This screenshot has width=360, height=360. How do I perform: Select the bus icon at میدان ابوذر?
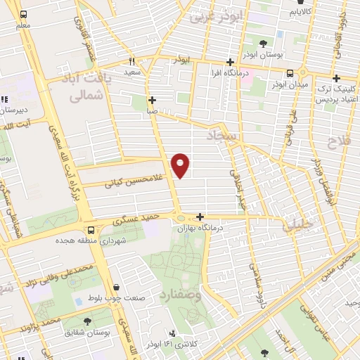(x=290, y=73)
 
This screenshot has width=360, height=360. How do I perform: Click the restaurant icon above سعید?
(x=131, y=61)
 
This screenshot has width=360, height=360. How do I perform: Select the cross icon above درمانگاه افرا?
(x=230, y=62)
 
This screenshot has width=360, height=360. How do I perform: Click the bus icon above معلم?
(x=23, y=14)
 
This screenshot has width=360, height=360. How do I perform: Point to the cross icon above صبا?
(x=153, y=99)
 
